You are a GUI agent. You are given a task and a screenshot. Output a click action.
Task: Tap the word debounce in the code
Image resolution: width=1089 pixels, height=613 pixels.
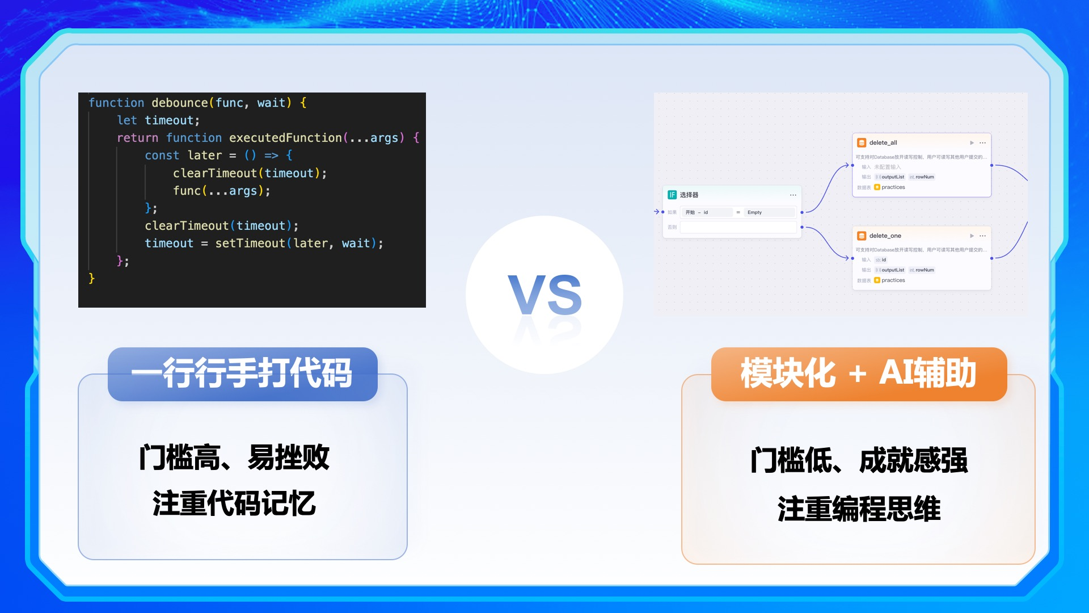tap(179, 103)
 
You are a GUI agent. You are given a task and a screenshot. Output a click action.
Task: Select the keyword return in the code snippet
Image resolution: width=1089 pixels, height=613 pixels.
tap(137, 138)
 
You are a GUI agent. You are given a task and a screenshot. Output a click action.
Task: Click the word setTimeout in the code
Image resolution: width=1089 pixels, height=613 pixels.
tap(250, 243)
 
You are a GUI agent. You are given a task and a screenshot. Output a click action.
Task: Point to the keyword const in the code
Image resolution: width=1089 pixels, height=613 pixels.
tap(162, 156)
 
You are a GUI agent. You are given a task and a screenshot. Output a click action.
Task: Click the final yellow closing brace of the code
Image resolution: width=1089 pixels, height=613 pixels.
tap(91, 278)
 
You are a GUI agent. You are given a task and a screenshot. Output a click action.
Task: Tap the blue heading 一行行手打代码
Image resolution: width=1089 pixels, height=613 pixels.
tap(242, 373)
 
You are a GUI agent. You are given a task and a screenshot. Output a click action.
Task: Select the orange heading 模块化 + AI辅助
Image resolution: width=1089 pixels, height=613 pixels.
tap(858, 373)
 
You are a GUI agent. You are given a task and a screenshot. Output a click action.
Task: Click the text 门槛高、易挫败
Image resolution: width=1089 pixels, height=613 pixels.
tap(234, 457)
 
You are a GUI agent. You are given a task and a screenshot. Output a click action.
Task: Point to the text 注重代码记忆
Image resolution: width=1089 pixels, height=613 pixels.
tap(234, 503)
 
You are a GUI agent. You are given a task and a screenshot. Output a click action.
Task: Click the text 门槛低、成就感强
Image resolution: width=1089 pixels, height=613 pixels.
tap(859, 460)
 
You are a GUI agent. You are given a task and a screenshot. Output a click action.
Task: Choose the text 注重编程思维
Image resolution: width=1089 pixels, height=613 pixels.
tap(859, 509)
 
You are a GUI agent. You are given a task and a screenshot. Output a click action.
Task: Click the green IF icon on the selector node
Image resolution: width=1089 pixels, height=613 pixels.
tap(672, 195)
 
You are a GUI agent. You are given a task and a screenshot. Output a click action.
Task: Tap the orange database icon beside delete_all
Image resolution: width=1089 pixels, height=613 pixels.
tap(862, 143)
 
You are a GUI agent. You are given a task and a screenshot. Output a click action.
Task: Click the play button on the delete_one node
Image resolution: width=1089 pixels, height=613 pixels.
tap(972, 236)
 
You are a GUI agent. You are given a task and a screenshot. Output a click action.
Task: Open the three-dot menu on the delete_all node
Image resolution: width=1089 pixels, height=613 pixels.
tap(983, 143)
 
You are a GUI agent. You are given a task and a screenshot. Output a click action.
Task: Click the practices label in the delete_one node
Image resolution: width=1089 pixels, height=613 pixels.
tap(893, 280)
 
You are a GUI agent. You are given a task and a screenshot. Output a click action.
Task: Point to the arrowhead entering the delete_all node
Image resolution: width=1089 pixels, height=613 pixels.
tap(847, 165)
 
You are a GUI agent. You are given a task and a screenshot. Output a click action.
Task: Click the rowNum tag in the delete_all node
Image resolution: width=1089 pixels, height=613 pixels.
tap(924, 177)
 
